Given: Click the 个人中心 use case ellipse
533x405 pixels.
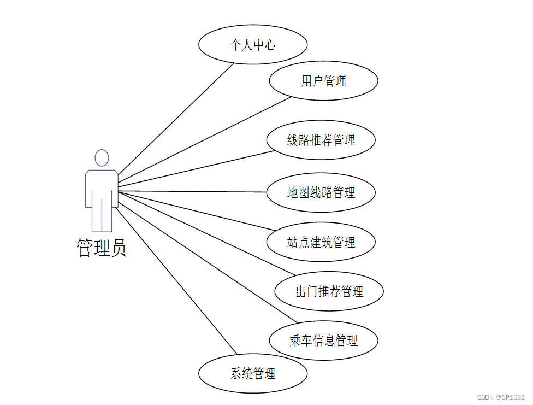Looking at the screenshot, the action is [x=253, y=44].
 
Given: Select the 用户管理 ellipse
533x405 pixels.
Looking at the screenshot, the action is [x=323, y=81].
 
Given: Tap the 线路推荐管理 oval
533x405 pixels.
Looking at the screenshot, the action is [x=321, y=140].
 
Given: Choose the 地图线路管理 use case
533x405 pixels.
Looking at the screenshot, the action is [x=321, y=192].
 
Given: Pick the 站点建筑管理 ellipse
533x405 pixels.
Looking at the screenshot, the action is [x=321, y=242].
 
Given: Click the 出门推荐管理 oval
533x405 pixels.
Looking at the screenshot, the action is [x=329, y=291].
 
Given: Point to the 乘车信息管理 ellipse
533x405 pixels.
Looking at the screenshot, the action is [x=323, y=341].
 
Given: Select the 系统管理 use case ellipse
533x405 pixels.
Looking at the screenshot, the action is [x=253, y=374].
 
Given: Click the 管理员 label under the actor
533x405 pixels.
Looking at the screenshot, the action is [x=102, y=248].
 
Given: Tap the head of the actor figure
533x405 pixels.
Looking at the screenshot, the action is [x=102, y=158].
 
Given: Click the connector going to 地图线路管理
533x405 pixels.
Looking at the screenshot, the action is [x=191, y=191].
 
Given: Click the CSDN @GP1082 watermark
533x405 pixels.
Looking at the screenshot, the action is [x=500, y=397].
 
